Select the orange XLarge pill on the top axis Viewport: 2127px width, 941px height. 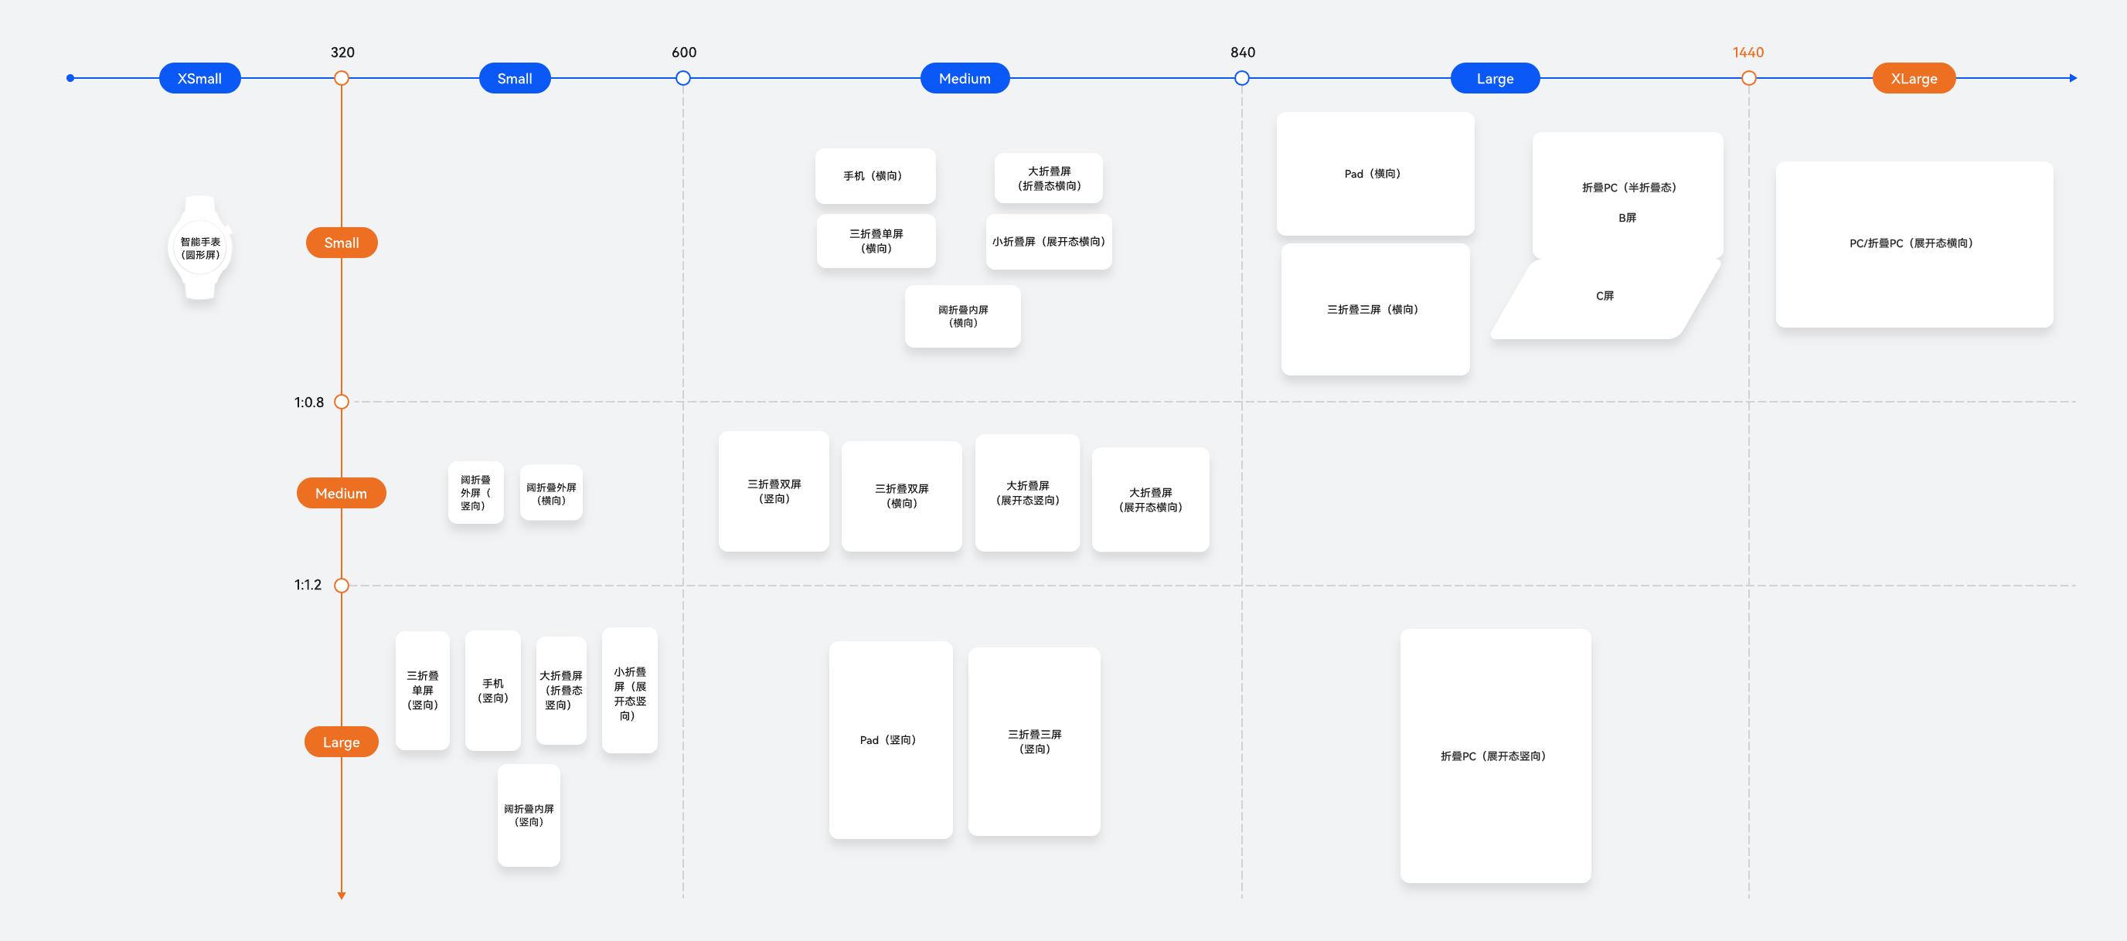click(x=1913, y=79)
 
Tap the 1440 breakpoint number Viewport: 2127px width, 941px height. click(x=1748, y=53)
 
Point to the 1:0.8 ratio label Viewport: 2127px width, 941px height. click(x=309, y=403)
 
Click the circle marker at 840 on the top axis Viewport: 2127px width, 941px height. click(x=1241, y=79)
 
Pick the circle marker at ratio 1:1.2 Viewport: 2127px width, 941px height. click(x=341, y=586)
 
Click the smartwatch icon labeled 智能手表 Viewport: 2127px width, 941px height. click(x=200, y=248)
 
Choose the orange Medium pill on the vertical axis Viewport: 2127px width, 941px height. click(x=341, y=493)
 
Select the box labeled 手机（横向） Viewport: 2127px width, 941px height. click(x=874, y=176)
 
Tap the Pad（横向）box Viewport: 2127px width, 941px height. click(x=1374, y=174)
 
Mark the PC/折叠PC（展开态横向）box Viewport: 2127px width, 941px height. click(x=1913, y=244)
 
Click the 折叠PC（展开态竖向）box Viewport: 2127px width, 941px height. click(x=1495, y=756)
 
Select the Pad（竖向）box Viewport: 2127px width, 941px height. click(x=890, y=739)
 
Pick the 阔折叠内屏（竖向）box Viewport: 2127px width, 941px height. click(x=529, y=815)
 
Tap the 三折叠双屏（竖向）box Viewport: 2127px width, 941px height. click(x=774, y=491)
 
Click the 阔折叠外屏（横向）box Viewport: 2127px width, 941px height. click(x=551, y=493)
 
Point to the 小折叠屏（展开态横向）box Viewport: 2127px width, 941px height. click(x=1048, y=242)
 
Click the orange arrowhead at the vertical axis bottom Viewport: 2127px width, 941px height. click(x=341, y=895)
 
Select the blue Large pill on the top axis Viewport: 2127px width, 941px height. click(x=1494, y=79)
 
